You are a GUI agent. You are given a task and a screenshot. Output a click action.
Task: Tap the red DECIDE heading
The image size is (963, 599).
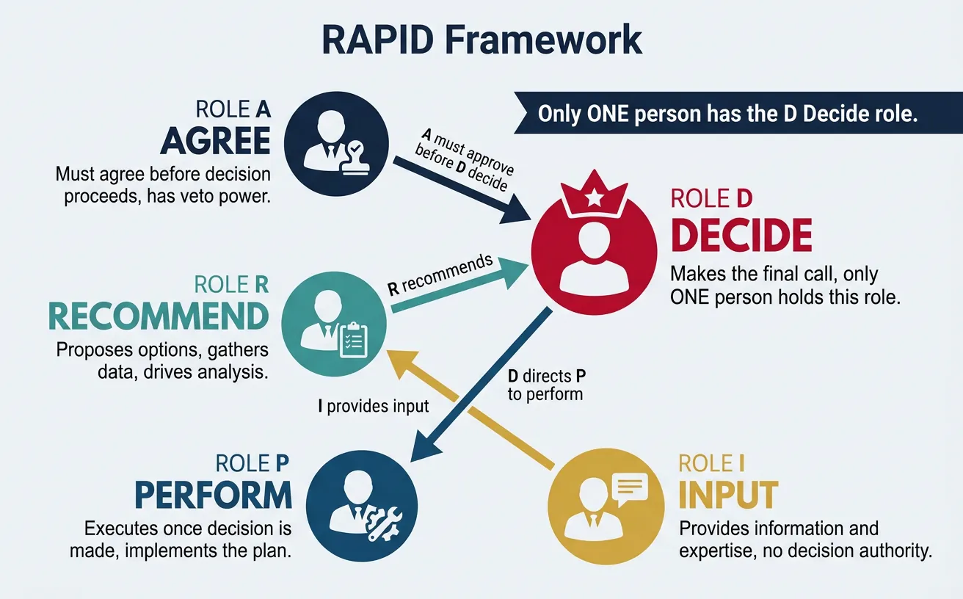741,236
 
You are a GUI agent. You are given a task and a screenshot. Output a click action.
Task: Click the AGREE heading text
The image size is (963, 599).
216,141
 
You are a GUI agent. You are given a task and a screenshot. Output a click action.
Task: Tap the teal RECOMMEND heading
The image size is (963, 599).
158,316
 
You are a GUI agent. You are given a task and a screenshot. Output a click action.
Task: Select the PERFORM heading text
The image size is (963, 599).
213,495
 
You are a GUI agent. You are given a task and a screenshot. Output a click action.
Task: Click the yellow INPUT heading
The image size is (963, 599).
727,495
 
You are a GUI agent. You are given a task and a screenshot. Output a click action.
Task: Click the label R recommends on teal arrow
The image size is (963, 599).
439,274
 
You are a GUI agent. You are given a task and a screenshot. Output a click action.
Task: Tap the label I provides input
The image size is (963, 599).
374,406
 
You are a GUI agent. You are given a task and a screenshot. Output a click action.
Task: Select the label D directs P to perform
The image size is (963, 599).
546,385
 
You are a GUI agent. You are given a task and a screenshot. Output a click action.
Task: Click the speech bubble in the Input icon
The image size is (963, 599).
628,485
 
